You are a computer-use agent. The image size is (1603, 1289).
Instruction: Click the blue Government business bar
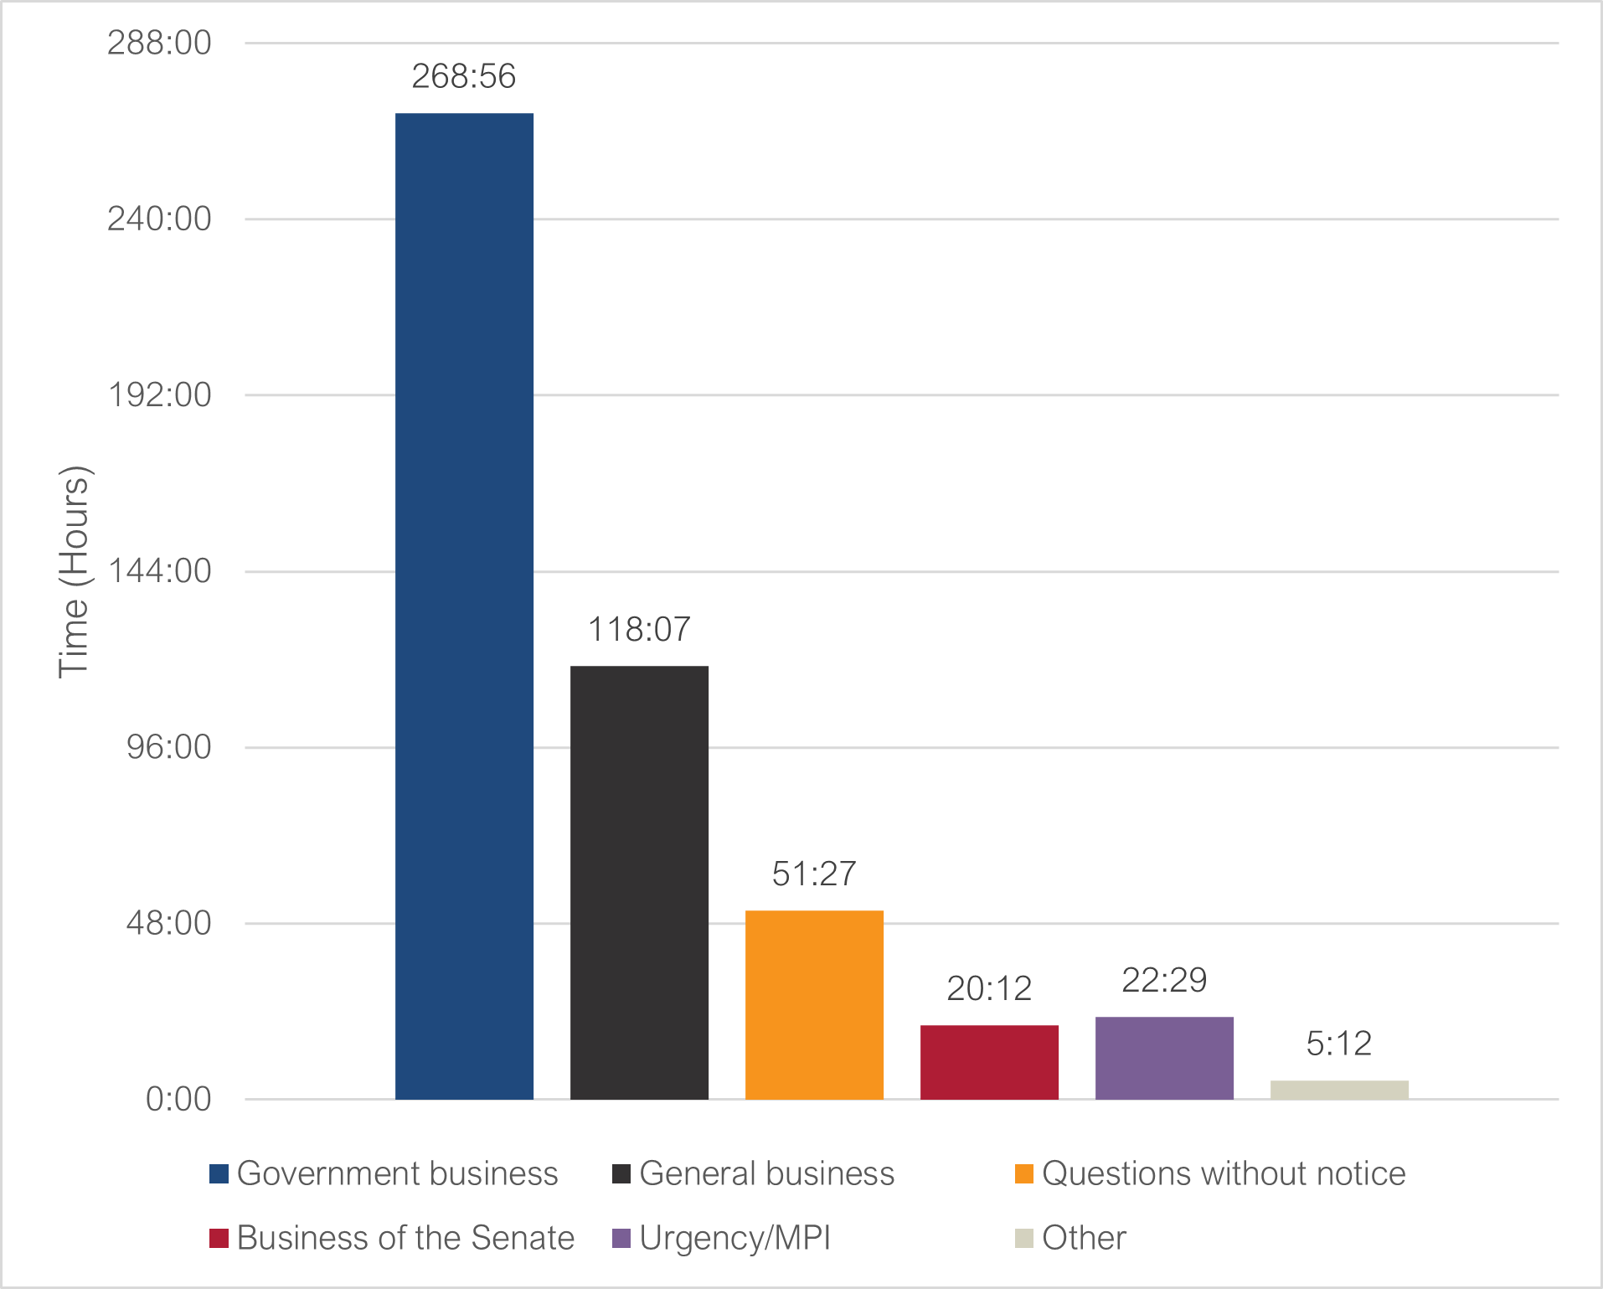(464, 606)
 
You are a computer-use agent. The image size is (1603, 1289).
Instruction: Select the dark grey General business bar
(639, 882)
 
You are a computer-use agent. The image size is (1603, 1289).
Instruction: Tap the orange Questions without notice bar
(814, 1004)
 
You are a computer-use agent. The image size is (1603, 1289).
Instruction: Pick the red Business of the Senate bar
(989, 1061)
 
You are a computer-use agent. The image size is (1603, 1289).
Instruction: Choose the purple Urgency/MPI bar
(1164, 1057)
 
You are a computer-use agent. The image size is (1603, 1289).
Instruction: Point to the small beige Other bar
(1339, 1090)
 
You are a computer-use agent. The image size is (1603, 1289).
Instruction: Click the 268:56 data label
(464, 76)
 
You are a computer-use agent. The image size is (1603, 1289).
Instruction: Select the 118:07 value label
(639, 630)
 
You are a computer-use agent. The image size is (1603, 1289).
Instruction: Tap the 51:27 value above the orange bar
(814, 874)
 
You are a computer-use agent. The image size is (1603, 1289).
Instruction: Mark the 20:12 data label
(989, 989)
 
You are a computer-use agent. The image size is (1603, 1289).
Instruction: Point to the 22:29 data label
(1164, 980)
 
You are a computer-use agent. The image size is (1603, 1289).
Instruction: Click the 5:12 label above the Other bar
(1339, 1044)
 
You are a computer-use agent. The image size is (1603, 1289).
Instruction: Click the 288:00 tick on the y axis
(159, 43)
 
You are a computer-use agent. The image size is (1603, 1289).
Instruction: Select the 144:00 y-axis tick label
(159, 571)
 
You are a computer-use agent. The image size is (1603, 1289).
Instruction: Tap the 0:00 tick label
(178, 1099)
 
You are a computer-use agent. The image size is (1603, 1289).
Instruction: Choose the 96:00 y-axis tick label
(168, 747)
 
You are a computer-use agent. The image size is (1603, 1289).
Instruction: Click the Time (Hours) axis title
(74, 571)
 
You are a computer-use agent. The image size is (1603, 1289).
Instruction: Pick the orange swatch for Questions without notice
(1023, 1174)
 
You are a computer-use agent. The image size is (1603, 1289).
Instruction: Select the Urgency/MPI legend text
(734, 1238)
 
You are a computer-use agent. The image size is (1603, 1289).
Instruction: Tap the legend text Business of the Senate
(405, 1238)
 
